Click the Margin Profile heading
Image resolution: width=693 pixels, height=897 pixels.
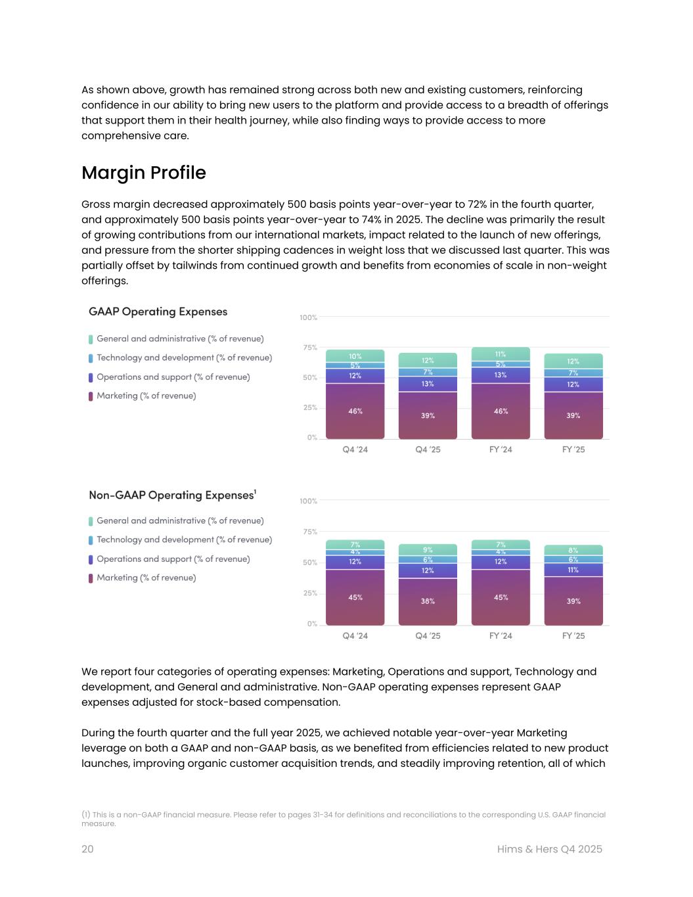click(143, 173)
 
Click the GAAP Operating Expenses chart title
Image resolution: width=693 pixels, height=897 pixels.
click(158, 311)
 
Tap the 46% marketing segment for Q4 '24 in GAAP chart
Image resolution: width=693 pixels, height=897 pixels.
click(355, 411)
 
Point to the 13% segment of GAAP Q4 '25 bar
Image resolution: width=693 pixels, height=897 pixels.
click(428, 384)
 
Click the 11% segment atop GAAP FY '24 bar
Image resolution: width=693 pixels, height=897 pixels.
click(501, 354)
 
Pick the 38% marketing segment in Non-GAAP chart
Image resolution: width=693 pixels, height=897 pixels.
click(428, 601)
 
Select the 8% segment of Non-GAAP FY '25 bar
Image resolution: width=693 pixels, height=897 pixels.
click(573, 550)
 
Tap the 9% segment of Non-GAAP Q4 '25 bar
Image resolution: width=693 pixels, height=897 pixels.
click(428, 549)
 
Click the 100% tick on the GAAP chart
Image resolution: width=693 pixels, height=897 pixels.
click(308, 317)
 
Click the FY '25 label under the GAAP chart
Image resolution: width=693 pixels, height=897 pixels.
click(573, 449)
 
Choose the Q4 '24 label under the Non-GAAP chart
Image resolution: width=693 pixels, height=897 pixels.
click(355, 635)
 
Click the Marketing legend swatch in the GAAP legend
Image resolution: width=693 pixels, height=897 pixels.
click(91, 396)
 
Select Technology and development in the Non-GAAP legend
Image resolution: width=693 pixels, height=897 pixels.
click(184, 540)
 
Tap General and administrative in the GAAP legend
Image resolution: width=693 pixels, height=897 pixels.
click(180, 338)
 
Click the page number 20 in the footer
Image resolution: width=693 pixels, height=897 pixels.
click(87, 849)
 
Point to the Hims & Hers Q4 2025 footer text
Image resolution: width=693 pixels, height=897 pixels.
click(549, 849)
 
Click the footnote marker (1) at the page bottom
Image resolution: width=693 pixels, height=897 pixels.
click(85, 814)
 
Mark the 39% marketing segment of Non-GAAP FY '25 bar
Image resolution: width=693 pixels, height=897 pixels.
click(573, 601)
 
